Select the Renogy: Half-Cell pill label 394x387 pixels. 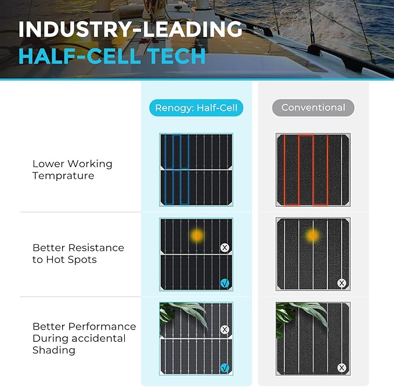coord(197,107)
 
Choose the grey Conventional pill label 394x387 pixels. coord(313,107)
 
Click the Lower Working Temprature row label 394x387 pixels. coord(72,169)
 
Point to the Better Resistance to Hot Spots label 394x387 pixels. coord(78,254)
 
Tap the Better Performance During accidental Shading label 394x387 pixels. coord(84,338)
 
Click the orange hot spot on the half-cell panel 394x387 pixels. coord(197,236)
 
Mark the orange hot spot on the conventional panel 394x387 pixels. coord(313,236)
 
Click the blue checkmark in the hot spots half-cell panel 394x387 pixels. coord(225,283)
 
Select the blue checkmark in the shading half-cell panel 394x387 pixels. coord(225,367)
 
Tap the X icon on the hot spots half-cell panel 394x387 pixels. coord(225,248)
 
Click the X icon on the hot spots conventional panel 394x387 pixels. coord(342,283)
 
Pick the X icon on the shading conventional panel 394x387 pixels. coord(342,367)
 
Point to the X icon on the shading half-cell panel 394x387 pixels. coord(225,330)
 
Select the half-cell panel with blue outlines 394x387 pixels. coord(196,169)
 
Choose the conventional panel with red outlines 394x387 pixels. coord(313,169)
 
